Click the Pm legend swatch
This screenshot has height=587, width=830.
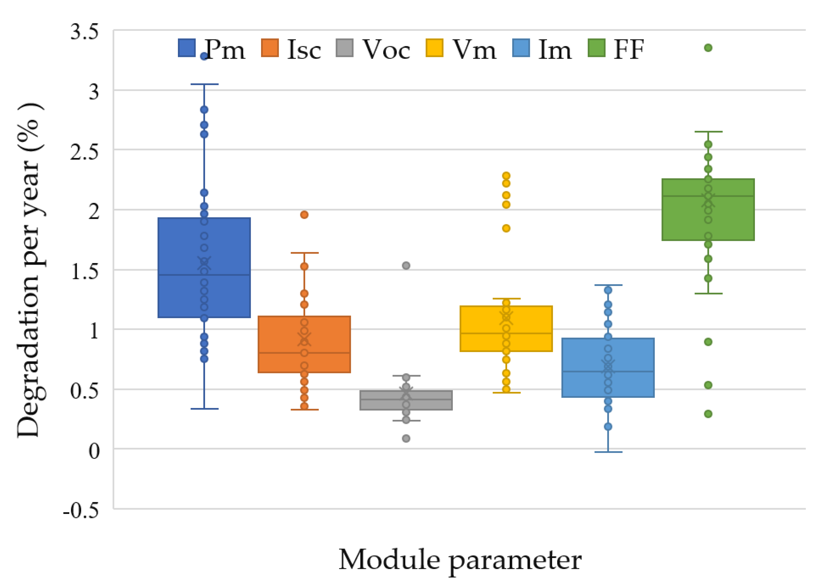187,48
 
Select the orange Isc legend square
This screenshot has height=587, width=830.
270,48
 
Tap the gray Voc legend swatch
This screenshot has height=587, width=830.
345,48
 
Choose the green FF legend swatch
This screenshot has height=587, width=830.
596,48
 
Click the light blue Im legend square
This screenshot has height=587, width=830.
521,48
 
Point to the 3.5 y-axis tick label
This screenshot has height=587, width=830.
84,32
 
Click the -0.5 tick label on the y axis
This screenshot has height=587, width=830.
81,511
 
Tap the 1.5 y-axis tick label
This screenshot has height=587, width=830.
84,271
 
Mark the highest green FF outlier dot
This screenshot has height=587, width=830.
708,48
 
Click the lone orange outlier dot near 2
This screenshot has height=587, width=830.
304,215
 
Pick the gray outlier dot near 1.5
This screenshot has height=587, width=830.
406,266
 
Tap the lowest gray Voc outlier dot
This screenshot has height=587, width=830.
406,438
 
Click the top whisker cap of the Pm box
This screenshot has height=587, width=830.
204,84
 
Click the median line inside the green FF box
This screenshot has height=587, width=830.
708,196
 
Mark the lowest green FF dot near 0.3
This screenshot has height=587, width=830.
708,414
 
